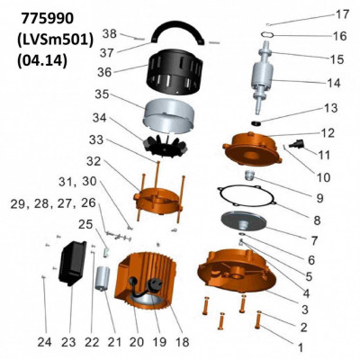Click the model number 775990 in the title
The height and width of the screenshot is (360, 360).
tap(48, 19)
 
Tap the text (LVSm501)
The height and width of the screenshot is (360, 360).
tap(56, 40)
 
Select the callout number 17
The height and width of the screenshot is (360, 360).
tap(341, 14)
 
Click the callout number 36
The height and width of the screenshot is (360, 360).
tap(104, 72)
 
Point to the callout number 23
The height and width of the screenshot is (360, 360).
tap(68, 342)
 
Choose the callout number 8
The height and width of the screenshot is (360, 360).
tap(317, 220)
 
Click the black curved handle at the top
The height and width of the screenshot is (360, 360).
tap(177, 33)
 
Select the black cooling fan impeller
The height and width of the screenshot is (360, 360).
tap(165, 146)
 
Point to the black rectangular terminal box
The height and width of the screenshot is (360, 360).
tap(72, 264)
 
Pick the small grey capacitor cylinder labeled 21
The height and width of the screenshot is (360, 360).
tap(102, 278)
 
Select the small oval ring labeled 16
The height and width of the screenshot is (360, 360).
tap(266, 34)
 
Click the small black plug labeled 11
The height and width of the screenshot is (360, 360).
tap(296, 144)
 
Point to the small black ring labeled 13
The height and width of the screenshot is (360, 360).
tap(256, 122)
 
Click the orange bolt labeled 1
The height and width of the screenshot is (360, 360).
tap(258, 319)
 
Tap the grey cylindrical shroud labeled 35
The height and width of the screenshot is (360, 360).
tap(168, 115)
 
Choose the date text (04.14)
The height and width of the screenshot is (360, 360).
tap(42, 60)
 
